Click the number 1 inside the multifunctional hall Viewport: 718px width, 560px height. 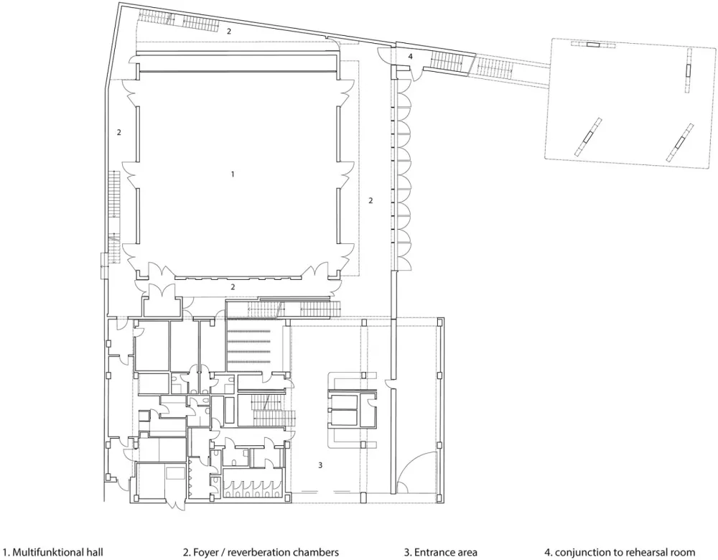pyautogui.click(x=233, y=174)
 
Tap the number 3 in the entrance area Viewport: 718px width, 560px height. pyautogui.click(x=320, y=465)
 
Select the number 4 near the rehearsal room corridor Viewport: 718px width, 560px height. pyautogui.click(x=410, y=56)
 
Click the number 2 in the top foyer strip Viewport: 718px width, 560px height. pyautogui.click(x=229, y=32)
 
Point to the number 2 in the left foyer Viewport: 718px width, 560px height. pyautogui.click(x=119, y=132)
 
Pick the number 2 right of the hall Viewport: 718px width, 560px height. pyautogui.click(x=370, y=200)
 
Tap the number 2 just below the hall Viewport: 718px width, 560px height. pyautogui.click(x=233, y=287)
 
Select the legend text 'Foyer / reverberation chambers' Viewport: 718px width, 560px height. pyautogui.click(x=261, y=552)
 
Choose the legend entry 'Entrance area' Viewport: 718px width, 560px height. pyautogui.click(x=440, y=552)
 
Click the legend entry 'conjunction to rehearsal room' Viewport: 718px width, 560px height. pyautogui.click(x=620, y=552)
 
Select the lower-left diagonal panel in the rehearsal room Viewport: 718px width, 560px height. pyautogui.click(x=588, y=136)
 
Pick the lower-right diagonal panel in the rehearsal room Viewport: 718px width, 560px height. pyautogui.click(x=679, y=142)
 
